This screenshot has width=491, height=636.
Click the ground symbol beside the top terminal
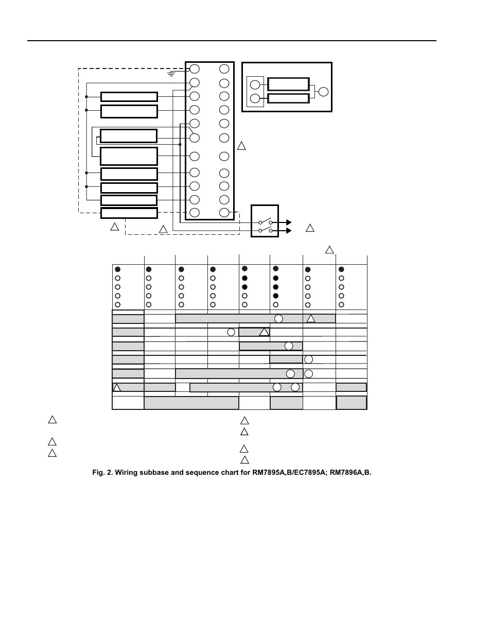(x=171, y=73)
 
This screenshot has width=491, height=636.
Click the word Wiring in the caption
(x=126, y=472)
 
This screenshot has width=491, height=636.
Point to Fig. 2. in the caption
(x=102, y=472)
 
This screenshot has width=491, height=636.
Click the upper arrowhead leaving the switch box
(x=289, y=222)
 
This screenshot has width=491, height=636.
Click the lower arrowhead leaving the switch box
(x=289, y=231)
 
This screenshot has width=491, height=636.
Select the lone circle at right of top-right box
(x=323, y=92)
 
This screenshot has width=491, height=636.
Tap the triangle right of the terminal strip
(x=241, y=146)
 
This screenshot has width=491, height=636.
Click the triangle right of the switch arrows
(x=310, y=228)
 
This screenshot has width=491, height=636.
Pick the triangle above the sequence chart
(x=329, y=250)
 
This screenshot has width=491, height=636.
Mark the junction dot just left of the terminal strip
(x=180, y=144)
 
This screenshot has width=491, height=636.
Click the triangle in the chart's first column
(x=117, y=387)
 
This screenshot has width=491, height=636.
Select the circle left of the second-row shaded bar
(x=231, y=332)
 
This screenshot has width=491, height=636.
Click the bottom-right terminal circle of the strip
(x=224, y=213)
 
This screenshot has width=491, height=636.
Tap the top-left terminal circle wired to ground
(x=195, y=69)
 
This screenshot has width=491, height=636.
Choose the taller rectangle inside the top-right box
(x=288, y=84)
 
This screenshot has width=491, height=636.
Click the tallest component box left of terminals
(x=129, y=156)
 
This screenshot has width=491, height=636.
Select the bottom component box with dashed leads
(x=129, y=213)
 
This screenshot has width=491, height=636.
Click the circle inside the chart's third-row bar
(x=289, y=346)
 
